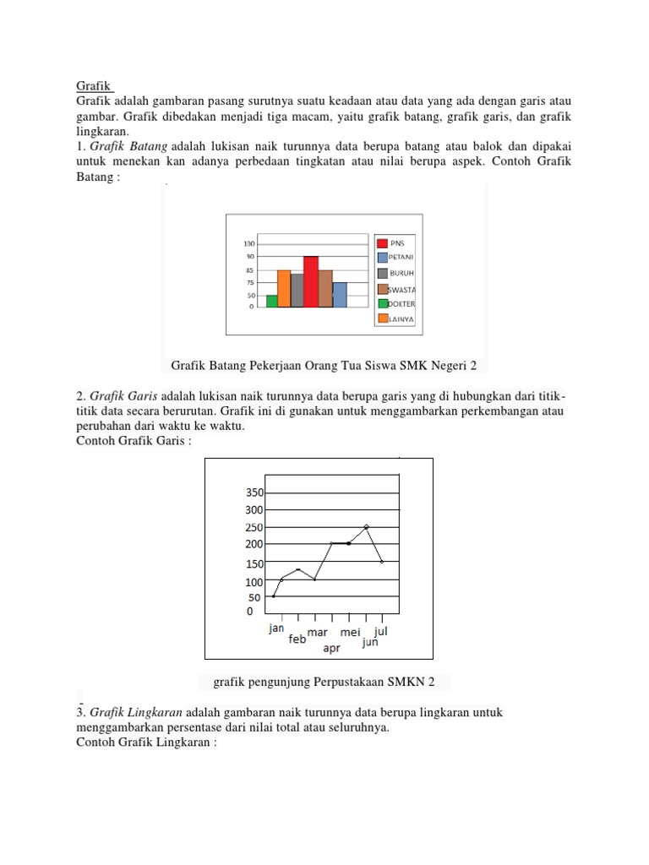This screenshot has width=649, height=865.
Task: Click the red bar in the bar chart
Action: point(311,281)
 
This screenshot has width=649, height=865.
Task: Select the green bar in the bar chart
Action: point(271,301)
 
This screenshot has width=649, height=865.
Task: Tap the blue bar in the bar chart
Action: point(340,295)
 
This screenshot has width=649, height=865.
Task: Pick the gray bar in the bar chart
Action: point(297,290)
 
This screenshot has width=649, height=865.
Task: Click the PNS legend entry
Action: point(395,243)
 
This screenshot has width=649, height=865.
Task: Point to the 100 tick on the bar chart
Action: point(249,243)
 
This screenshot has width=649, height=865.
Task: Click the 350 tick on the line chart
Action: point(254,492)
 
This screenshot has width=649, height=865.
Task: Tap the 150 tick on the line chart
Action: point(254,563)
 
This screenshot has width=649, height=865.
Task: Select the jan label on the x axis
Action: point(276,628)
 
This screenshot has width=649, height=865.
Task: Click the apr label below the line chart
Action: point(332,649)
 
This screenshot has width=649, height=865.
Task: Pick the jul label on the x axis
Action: point(380,630)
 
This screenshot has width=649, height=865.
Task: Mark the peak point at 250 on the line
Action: point(366,526)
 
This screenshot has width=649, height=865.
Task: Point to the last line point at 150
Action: point(382,562)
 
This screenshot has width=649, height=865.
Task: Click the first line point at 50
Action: point(273,596)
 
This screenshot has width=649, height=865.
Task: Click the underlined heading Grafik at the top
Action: point(94,85)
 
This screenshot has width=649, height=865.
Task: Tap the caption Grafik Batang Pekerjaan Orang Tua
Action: point(324,366)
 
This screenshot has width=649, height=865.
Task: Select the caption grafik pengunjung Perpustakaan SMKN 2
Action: point(324,682)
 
